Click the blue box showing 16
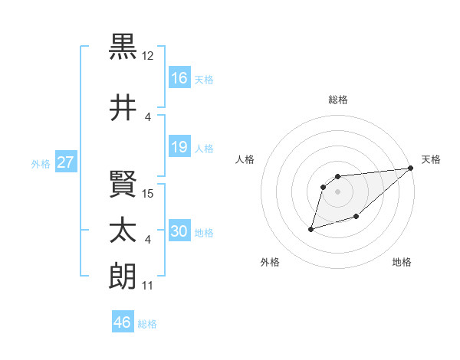179,78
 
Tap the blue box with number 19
179,148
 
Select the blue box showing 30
179,232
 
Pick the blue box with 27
66,163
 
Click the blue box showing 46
123,322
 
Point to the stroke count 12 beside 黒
148,56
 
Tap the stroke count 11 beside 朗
148,286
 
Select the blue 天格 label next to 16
204,79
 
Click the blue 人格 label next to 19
204,149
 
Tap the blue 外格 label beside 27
41,164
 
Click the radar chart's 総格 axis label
338,100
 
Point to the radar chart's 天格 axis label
432,159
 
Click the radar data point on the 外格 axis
311,228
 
